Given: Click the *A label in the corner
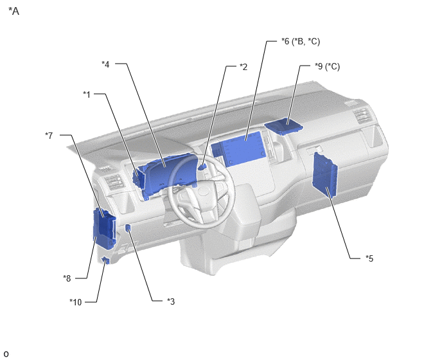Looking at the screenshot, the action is (14, 12).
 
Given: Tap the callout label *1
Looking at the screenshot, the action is (87, 94).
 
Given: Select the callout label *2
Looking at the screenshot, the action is (243, 67).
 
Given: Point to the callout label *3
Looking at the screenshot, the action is (171, 301).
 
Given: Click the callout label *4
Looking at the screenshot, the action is (105, 64).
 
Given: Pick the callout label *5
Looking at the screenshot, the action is (369, 258).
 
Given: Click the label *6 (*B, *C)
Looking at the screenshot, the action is (301, 42).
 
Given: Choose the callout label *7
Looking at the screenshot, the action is (49, 136).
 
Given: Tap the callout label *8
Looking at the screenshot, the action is (67, 278).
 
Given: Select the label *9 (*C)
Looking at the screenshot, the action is (327, 67).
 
